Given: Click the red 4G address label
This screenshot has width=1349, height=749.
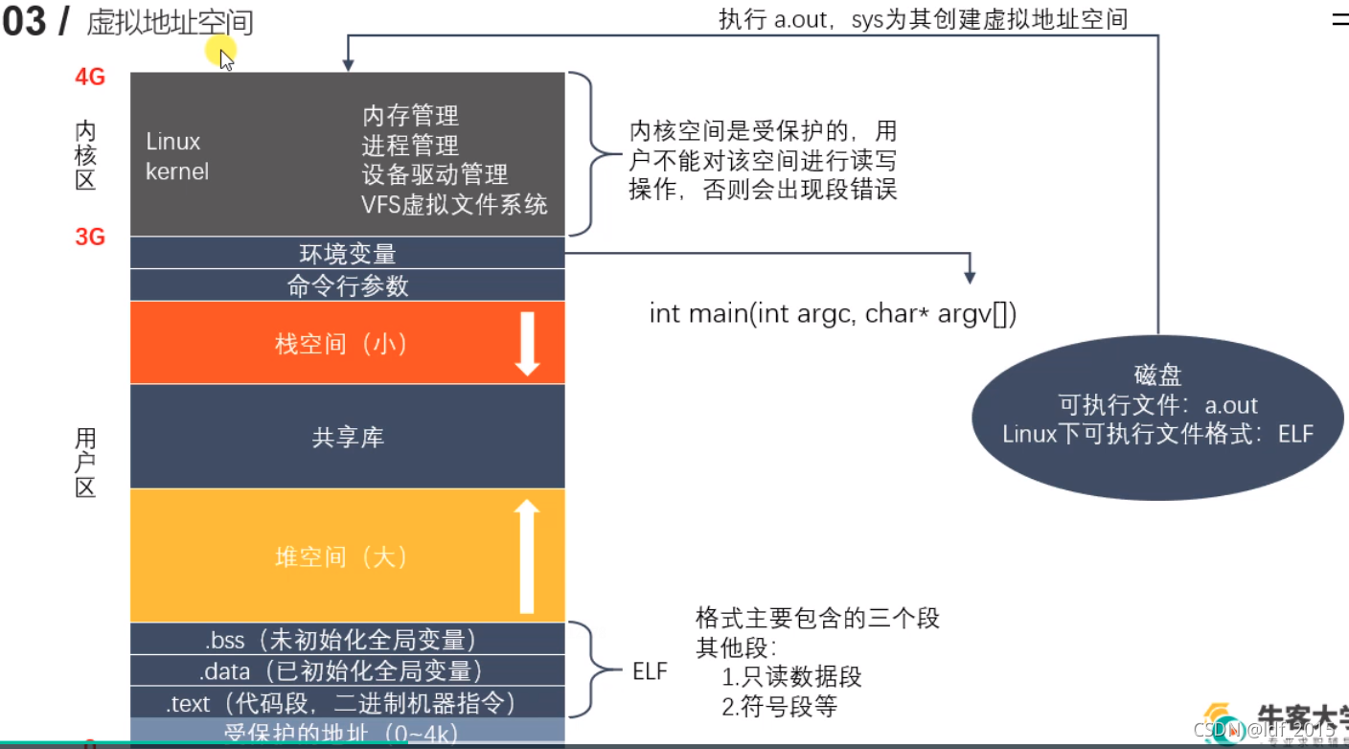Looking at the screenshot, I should click(x=89, y=77).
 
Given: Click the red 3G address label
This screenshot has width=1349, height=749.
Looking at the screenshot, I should click(x=89, y=237).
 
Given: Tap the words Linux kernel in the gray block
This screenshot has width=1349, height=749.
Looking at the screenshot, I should click(x=176, y=156).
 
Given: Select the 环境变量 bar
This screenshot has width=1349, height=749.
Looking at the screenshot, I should click(x=347, y=254).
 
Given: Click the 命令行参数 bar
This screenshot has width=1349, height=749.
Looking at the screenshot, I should click(x=347, y=285).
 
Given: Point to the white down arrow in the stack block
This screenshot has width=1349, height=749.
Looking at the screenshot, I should click(x=527, y=342).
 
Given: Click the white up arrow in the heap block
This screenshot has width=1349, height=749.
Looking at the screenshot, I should click(x=526, y=556).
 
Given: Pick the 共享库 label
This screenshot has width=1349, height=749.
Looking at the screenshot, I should click(x=347, y=438).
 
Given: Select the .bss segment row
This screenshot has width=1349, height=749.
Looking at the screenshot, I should click(x=347, y=639).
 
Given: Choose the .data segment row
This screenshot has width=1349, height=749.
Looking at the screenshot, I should click(x=347, y=670).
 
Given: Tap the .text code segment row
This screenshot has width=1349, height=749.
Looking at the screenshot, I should click(x=347, y=703).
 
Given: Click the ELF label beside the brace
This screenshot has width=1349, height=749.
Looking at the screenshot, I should click(x=650, y=670).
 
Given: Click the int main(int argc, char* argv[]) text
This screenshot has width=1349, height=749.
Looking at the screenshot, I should click(x=833, y=314).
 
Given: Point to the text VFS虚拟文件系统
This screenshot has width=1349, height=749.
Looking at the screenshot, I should click(x=454, y=204).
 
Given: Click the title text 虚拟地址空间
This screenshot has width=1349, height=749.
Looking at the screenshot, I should click(x=170, y=23).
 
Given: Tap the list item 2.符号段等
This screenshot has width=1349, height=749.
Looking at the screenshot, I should click(x=779, y=707).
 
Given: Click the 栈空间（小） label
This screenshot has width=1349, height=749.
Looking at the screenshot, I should click(x=341, y=344).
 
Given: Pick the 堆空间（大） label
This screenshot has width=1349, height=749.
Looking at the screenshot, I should click(x=341, y=556).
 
